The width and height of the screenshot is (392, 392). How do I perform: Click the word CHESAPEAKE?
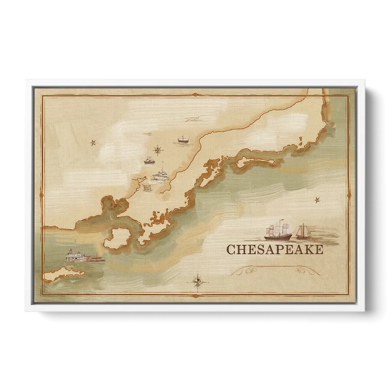coord(274,250)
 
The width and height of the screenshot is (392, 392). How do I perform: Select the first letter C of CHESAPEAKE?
coord(230,250)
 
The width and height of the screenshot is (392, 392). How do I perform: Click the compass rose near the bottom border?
coord(197,281)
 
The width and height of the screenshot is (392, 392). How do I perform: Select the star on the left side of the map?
coord(93,143)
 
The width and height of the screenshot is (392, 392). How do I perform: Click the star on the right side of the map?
coord(316,199)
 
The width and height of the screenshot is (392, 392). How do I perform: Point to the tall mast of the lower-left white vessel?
coord(74,246)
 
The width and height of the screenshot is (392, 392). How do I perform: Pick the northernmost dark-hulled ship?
coord(183,140)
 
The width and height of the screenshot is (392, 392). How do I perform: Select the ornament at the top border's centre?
coord(196,95)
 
